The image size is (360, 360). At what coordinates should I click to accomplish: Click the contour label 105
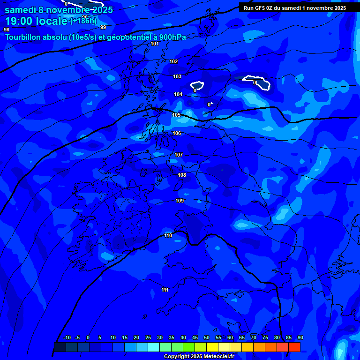(x=176, y=115)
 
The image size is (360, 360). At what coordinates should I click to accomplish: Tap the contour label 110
(x=168, y=235)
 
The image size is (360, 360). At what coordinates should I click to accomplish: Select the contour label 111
(x=165, y=290)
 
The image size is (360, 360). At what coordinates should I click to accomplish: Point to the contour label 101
(x=155, y=44)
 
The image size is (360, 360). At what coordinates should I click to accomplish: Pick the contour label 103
(x=177, y=76)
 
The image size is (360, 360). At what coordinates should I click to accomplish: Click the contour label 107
(x=179, y=155)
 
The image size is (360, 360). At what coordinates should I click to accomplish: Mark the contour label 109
(x=180, y=201)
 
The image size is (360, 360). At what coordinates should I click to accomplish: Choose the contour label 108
(x=182, y=175)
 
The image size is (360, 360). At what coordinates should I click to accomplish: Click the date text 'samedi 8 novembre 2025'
(x=59, y=10)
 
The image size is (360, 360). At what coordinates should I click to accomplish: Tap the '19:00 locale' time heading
(x=36, y=21)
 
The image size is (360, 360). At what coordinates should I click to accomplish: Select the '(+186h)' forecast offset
(x=83, y=21)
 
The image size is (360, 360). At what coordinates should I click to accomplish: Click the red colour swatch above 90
(x=294, y=347)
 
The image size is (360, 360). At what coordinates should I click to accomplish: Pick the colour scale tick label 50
(x=207, y=337)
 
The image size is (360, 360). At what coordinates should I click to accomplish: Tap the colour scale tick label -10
(x=67, y=337)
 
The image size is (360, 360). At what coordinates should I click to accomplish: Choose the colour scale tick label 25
(x=148, y=337)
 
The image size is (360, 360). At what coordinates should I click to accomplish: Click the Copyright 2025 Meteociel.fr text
(x=199, y=356)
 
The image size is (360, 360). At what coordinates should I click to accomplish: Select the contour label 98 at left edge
(x=7, y=30)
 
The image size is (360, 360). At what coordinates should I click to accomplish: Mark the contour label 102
(x=173, y=61)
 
